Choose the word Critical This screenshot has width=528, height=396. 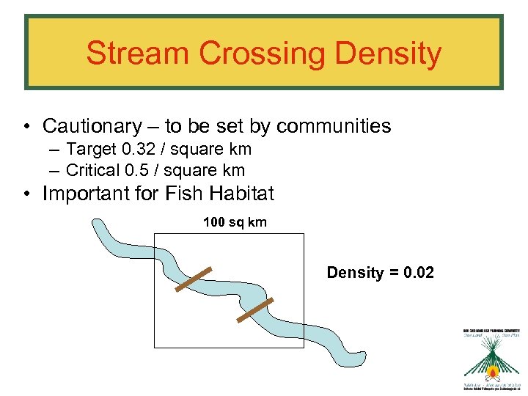pyautogui.click(x=92, y=171)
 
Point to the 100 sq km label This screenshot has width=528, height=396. pyautogui.click(x=235, y=221)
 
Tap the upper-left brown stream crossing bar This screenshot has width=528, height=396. pyautogui.click(x=194, y=279)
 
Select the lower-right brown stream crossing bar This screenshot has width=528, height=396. pyautogui.click(x=255, y=310)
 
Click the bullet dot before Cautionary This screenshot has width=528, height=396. pyautogui.click(x=26, y=127)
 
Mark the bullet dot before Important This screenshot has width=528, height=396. pyautogui.click(x=26, y=194)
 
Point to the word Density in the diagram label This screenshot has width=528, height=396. pyautogui.click(x=355, y=273)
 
